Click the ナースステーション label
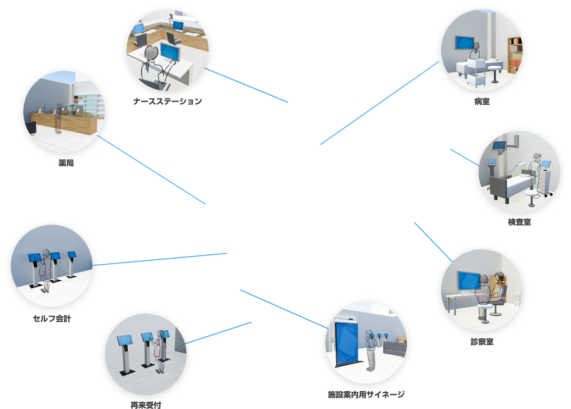click(x=168, y=101)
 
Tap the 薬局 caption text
click(x=66, y=163)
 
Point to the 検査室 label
click(x=520, y=223)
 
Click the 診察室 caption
click(x=482, y=342)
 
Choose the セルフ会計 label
click(x=51, y=319)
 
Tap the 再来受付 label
click(x=146, y=405)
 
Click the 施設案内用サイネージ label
click(x=366, y=395)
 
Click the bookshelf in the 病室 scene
click(x=514, y=54)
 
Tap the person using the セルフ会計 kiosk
click(x=46, y=269)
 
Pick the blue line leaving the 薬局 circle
click(x=151, y=170)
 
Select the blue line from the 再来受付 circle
click(x=219, y=333)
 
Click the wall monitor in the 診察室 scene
click(x=468, y=280)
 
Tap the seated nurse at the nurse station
click(x=151, y=62)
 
